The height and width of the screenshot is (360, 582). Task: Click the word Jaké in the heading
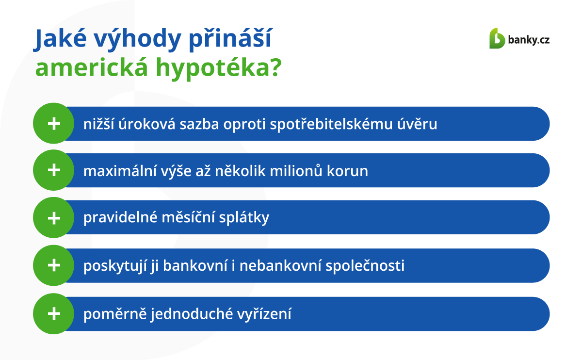60,39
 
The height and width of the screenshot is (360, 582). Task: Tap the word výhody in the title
137,39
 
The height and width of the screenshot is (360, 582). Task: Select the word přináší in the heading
230,39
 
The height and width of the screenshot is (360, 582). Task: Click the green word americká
92,67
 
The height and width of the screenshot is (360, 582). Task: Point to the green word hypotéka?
219,68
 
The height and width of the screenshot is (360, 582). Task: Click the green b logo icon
497,38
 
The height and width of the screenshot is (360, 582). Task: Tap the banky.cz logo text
529,40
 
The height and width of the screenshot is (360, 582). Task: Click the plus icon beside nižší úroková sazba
54,123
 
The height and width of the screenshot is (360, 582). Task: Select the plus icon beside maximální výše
54,170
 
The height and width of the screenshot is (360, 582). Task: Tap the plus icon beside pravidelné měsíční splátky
54,218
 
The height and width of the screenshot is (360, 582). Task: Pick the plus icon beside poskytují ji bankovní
54,265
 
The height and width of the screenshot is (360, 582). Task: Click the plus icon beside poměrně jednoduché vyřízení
54,313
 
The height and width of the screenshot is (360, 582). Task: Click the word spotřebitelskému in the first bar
331,124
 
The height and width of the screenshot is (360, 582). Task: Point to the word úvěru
417,123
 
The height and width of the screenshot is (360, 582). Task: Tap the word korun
347,172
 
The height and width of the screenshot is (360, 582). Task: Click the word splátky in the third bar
244,217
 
